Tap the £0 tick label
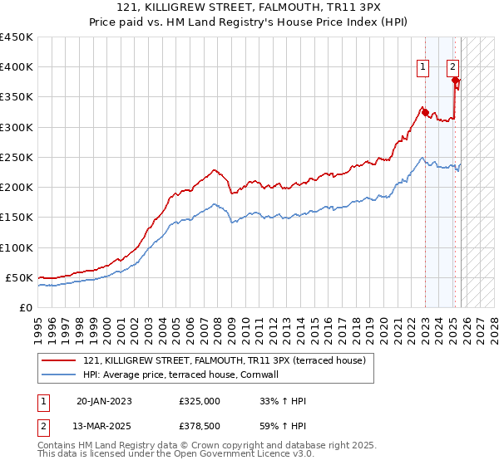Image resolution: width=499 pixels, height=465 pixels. [26, 307]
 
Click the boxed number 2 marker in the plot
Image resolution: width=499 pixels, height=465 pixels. [452, 68]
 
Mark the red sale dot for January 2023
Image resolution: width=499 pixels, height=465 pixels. [425, 112]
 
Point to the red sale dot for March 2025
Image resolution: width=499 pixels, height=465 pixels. [455, 80]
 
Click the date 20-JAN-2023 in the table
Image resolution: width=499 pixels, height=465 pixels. [104, 401]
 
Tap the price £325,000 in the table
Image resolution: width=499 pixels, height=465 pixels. [200, 401]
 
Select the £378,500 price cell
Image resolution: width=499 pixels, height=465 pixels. [200, 425]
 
